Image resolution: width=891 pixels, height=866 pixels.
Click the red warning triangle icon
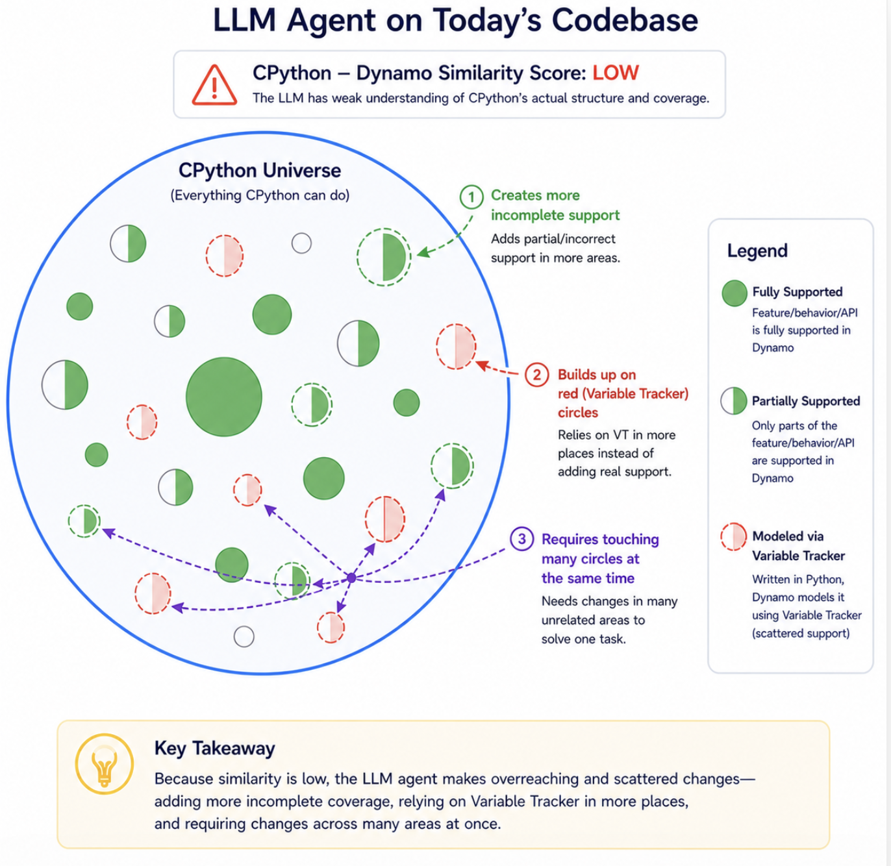click(x=214, y=86)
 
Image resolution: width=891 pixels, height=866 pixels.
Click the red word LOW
click(x=616, y=73)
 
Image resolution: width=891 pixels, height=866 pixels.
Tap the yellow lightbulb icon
click(x=105, y=763)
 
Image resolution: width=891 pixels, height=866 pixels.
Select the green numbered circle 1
click(x=471, y=197)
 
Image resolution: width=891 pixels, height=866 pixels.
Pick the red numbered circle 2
click(x=536, y=375)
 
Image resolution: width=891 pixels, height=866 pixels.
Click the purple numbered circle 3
click(x=521, y=539)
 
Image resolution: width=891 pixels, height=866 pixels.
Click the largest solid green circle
click(x=224, y=397)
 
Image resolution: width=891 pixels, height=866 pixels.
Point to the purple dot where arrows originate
click(x=351, y=578)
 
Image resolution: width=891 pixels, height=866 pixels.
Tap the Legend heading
click(x=757, y=251)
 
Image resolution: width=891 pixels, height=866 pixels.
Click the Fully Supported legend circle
click(x=734, y=293)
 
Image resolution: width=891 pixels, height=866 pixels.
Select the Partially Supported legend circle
click(x=733, y=401)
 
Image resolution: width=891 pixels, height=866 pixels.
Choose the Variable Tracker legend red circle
click(x=733, y=536)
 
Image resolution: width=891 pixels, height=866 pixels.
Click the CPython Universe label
click(x=260, y=171)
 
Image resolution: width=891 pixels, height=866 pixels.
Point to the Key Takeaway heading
click(x=214, y=748)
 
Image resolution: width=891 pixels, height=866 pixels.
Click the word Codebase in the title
click(x=625, y=21)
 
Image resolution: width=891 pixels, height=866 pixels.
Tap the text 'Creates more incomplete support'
click(x=555, y=205)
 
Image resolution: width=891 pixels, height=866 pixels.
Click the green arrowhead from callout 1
click(x=423, y=252)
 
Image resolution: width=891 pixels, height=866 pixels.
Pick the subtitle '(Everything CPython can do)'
click(x=260, y=195)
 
